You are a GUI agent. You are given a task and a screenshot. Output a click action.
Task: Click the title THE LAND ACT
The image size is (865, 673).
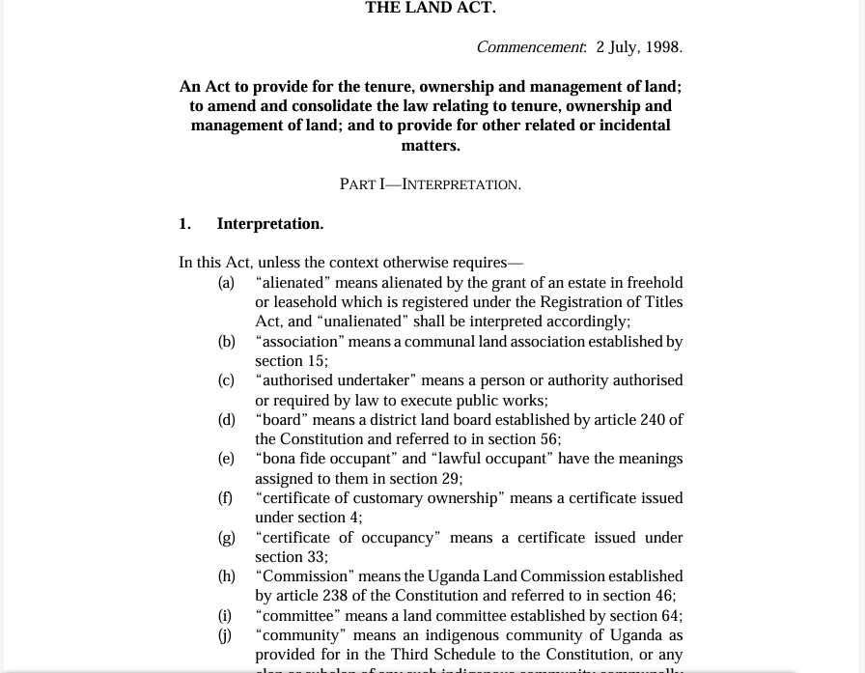point(431,9)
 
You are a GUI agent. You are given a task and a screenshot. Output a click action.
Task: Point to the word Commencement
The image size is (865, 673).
point(530,47)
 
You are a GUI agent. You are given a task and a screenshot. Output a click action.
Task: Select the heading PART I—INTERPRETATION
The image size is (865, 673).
point(431,184)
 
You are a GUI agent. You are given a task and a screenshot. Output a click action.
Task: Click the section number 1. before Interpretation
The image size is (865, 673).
point(184,224)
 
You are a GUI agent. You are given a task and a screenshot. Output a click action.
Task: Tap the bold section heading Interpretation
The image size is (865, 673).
point(270,224)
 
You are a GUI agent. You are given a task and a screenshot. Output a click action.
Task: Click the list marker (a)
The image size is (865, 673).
point(226,283)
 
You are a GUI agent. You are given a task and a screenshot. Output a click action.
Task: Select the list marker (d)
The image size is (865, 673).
point(226,420)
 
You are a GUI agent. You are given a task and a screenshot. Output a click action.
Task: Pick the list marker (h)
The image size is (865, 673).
point(226,576)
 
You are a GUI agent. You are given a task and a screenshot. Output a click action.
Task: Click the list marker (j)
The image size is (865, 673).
point(224,635)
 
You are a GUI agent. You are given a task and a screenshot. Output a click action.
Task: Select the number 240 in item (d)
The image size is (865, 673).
point(653,420)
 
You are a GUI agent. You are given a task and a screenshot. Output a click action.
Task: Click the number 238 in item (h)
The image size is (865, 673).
point(335,596)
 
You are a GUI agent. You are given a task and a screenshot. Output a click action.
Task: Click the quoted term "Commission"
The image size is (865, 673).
point(304,576)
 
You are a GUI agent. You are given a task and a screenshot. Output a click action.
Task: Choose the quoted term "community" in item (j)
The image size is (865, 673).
point(300,635)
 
